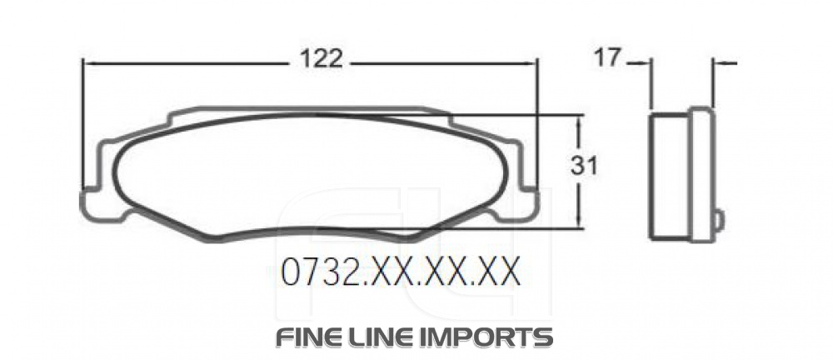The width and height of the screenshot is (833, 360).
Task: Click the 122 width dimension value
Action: pos(321,59)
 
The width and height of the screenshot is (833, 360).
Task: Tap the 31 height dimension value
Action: pos(584,167)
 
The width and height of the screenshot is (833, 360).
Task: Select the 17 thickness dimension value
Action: pos(609,58)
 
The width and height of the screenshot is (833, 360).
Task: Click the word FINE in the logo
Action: pos(307,337)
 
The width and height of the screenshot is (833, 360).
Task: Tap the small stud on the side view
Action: pos(720,219)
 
